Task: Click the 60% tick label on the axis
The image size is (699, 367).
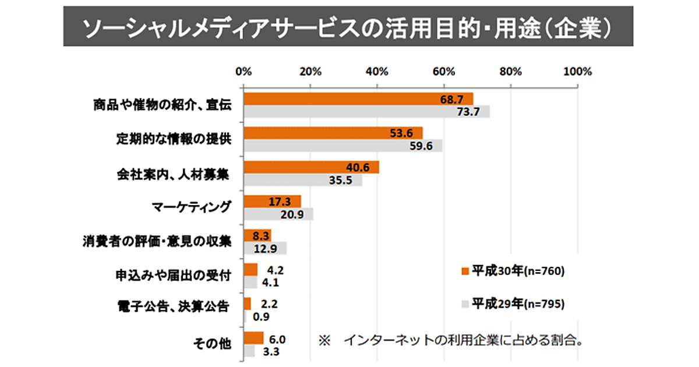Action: click(444, 72)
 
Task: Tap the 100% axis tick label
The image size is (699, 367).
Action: click(577, 72)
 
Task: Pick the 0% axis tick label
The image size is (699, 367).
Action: click(243, 72)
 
